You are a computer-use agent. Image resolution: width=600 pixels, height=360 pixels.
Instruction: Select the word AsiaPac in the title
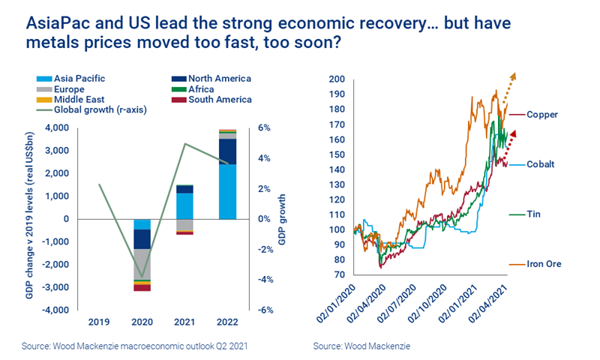54,24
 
